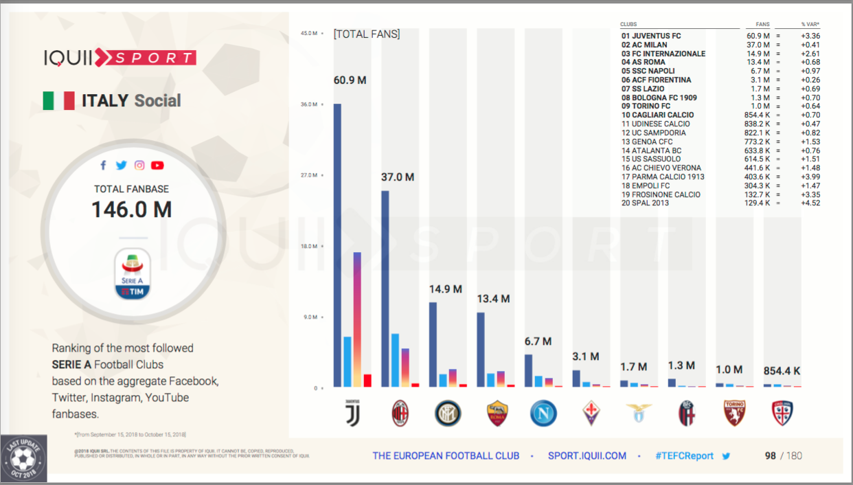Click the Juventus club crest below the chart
[x=351, y=414]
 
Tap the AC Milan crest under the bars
[x=400, y=414]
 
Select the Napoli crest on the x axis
[x=543, y=414]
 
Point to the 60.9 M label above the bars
[x=350, y=80]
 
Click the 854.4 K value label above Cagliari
[x=782, y=371]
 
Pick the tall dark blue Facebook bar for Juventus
[x=337, y=245]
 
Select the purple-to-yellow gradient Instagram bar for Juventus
[x=357, y=319]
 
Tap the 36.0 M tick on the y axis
[x=310, y=104]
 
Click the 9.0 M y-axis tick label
[x=310, y=317]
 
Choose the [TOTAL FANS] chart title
[x=367, y=34]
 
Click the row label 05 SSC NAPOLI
[x=648, y=71]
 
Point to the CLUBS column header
[x=628, y=25]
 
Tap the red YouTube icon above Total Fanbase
[x=157, y=165]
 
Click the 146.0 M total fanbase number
[x=132, y=210]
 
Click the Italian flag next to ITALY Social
[x=58, y=101]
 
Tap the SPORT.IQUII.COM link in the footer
[x=587, y=455]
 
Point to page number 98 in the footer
[x=771, y=455]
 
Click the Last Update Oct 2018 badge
[x=24, y=458]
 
